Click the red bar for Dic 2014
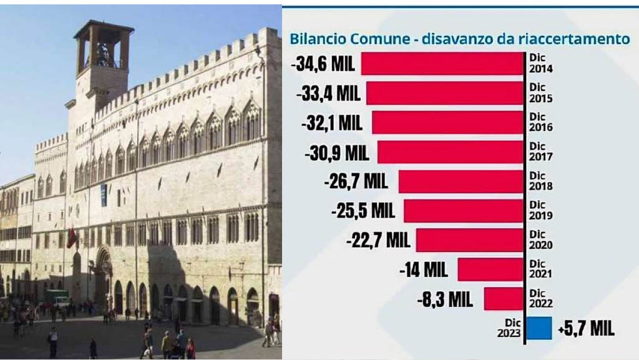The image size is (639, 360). coord(442,64)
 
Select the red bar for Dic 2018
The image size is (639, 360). coord(461,182)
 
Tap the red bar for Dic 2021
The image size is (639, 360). coord(490,270)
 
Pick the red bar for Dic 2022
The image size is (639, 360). coord(503,299)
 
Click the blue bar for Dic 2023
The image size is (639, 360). coord(539,328)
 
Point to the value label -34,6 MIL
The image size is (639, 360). coord(323,64)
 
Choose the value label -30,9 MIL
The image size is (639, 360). coord(337,152)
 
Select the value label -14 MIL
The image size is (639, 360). coord(423,270)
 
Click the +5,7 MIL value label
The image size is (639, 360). coord(585,329)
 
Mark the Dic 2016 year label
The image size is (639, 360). coord(540,122)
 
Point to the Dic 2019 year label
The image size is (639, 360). coord(540,210)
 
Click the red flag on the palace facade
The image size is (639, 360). coord(72,237)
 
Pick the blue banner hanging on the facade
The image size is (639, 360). coord(104,195)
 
